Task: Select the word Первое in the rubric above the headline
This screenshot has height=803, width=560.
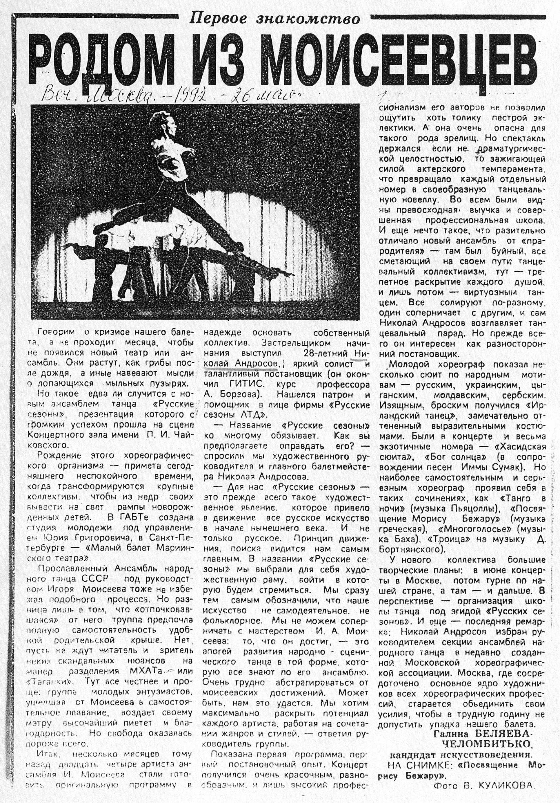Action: click(x=218, y=19)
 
